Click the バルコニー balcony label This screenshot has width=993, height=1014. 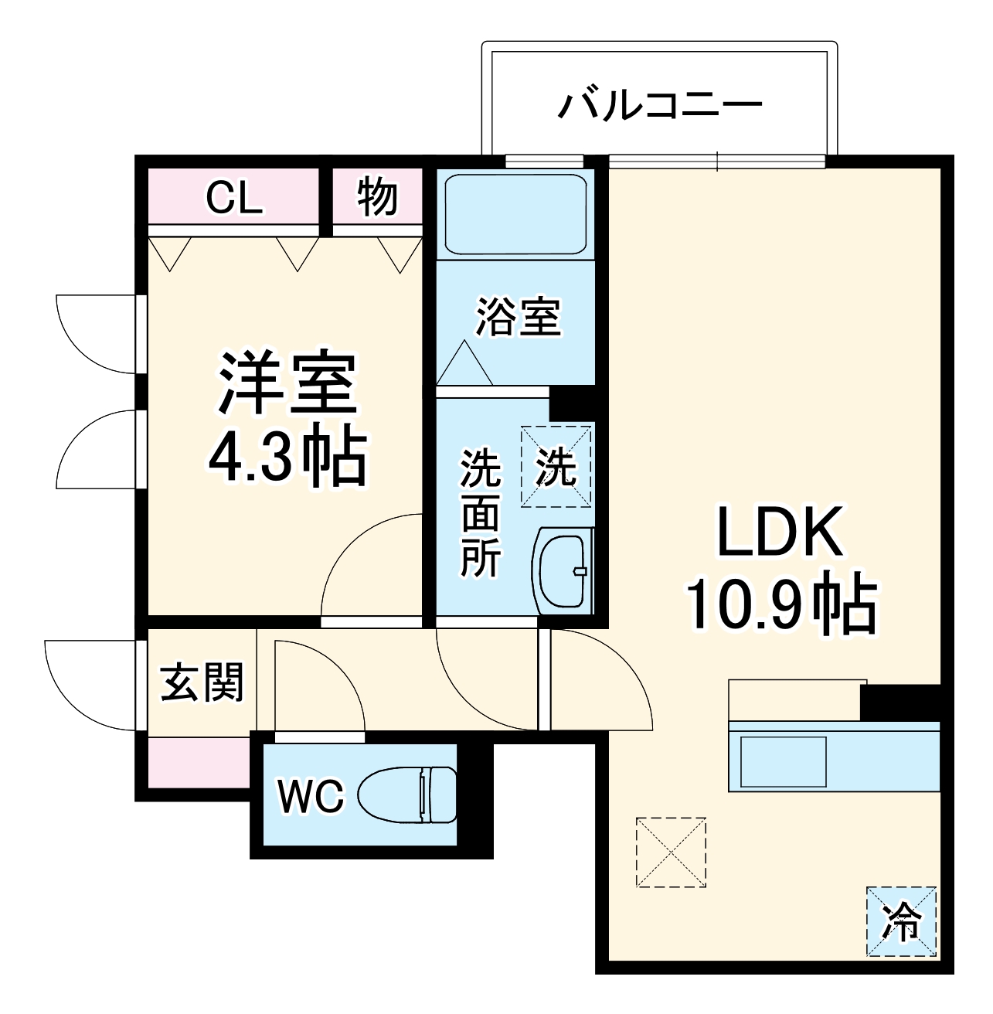click(660, 106)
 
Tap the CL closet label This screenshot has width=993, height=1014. click(234, 198)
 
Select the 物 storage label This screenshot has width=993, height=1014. click(377, 197)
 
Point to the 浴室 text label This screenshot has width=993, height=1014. click(518, 317)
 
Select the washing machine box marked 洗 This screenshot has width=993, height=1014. click(556, 467)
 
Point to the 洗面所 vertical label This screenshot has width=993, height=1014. click(481, 513)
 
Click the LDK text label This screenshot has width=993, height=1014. click(780, 533)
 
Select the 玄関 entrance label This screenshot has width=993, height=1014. click(202, 682)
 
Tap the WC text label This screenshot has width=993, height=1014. click(311, 796)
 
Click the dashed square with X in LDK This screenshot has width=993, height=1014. click(671, 852)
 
